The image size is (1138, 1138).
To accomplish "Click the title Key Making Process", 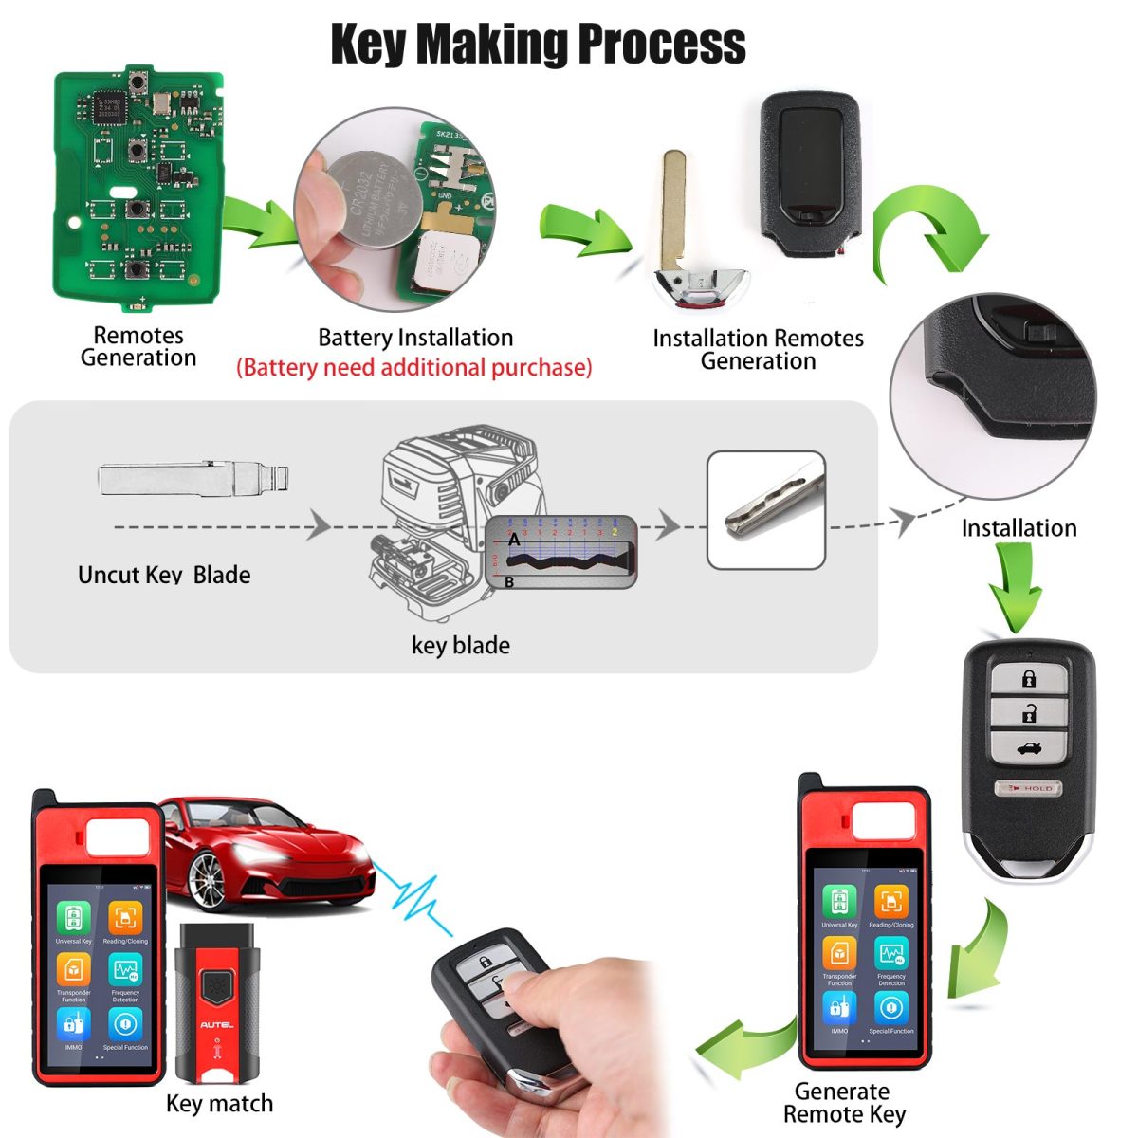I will pyautogui.click(x=538, y=44).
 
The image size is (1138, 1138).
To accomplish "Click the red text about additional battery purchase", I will pyautogui.click(x=413, y=368).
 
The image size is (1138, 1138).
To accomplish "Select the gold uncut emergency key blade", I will pyautogui.click(x=673, y=209).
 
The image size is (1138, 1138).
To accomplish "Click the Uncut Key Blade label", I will pyautogui.click(x=164, y=575).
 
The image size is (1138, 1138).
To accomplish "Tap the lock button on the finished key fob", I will pyautogui.click(x=1029, y=678).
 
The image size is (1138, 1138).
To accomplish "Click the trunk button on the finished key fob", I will pyautogui.click(x=1028, y=748).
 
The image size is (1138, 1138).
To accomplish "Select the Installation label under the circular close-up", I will pyautogui.click(x=1019, y=528).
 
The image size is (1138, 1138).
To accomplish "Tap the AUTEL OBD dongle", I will pyautogui.click(x=217, y=1005).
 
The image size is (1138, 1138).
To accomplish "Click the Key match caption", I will pyautogui.click(x=219, y=1104).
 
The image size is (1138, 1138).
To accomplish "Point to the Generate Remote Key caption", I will pyautogui.click(x=843, y=1103).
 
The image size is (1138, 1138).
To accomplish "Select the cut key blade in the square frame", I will pyautogui.click(x=766, y=509).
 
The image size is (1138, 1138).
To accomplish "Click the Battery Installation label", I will pyautogui.click(x=415, y=338).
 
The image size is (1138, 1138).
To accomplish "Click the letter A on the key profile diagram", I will pyautogui.click(x=514, y=540).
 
